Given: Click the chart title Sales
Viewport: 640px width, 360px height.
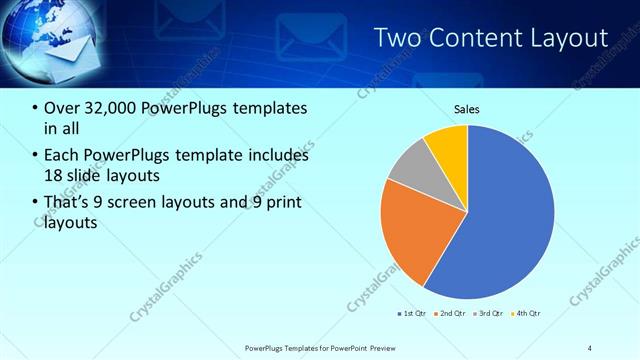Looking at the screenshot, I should [467, 108].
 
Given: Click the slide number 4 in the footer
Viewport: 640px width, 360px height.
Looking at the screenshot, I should [589, 347].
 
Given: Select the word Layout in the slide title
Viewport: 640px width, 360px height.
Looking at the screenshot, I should [571, 39].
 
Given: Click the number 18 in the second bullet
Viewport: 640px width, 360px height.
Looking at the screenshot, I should [52, 176].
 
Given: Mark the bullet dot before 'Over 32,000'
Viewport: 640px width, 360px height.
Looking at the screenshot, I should [36, 109].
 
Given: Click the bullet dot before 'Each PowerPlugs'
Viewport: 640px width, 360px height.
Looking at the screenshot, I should [36, 156].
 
